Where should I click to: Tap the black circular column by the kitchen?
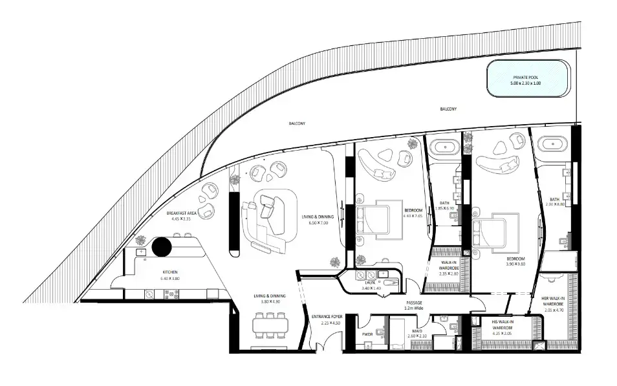point(161,246)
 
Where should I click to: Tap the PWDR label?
point(367,335)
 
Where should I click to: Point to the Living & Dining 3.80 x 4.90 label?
point(267,298)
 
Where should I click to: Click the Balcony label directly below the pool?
point(448,109)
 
